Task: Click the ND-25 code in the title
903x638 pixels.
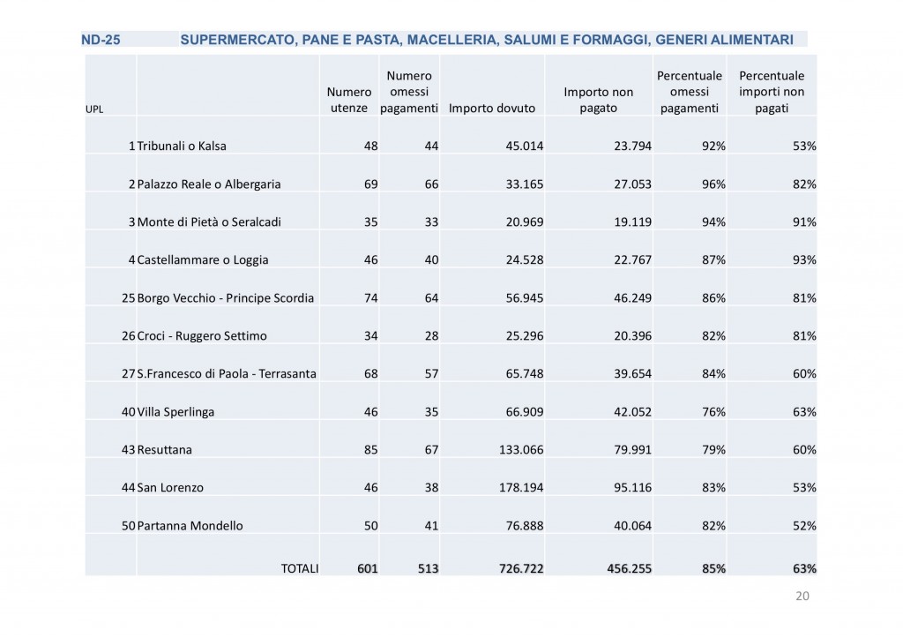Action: coord(100,40)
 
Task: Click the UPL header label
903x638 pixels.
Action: coord(93,109)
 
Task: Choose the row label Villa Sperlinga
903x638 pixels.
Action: coord(175,412)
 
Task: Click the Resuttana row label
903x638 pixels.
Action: coord(164,450)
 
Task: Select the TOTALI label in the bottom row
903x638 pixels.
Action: coord(300,569)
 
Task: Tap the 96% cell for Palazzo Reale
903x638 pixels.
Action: coord(713,184)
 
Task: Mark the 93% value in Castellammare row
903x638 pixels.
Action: coord(804,260)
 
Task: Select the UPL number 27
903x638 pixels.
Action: coord(128,374)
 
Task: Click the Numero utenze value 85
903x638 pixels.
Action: coord(370,450)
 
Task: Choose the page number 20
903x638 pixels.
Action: coord(802,597)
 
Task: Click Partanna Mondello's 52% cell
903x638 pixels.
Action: coord(804,526)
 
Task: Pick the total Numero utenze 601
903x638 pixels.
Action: coord(367,569)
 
